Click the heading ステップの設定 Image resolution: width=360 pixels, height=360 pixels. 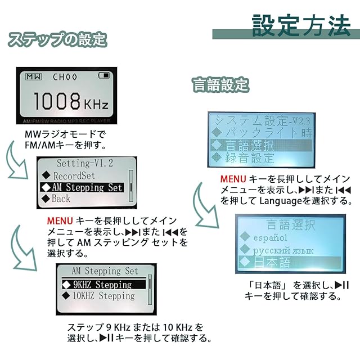(56, 40)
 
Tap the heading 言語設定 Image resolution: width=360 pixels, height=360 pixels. (220, 85)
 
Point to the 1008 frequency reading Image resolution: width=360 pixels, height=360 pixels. (57, 101)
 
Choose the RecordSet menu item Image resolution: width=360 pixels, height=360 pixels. (76, 175)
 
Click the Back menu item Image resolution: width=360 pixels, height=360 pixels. (61, 199)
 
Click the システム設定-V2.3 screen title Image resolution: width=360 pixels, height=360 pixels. (259, 120)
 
